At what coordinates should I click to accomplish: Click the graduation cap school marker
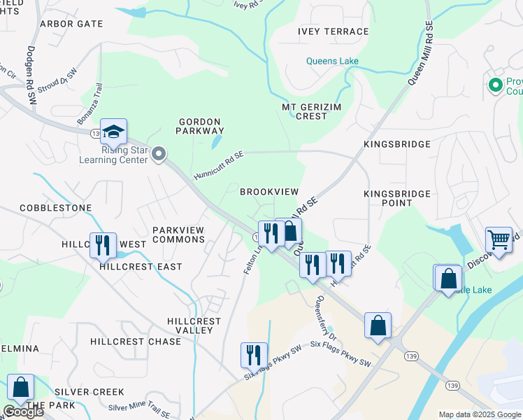pyautogui.click(x=113, y=131)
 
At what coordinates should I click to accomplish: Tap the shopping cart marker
pyautogui.click(x=499, y=239)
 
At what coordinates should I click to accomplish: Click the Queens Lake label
pyautogui.click(x=332, y=61)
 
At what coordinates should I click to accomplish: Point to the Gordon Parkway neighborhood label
pyautogui.click(x=200, y=126)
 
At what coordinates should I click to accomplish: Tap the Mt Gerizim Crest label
pyautogui.click(x=304, y=111)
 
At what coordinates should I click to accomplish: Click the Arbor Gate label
pyautogui.click(x=71, y=24)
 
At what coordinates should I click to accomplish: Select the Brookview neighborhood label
pyautogui.click(x=269, y=192)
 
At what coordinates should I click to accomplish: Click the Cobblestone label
pyautogui.click(x=56, y=208)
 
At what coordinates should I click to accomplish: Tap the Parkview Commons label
pyautogui.click(x=179, y=234)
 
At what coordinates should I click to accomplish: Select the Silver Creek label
pyautogui.click(x=89, y=392)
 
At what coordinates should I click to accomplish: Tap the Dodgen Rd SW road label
pyautogui.click(x=31, y=76)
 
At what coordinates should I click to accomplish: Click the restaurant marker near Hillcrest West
pyautogui.click(x=103, y=245)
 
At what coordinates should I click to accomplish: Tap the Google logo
pyautogui.click(x=23, y=412)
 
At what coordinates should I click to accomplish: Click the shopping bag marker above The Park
pyautogui.click(x=21, y=387)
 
